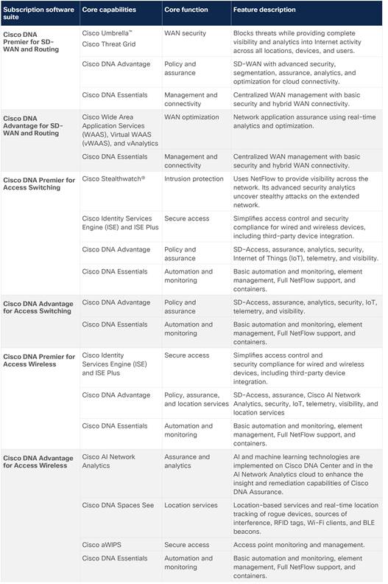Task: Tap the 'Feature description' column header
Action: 264,10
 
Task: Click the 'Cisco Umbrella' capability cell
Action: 107,34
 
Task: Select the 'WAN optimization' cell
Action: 191,117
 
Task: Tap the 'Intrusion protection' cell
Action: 194,178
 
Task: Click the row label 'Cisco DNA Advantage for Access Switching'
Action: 37,306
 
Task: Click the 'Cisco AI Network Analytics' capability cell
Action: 109,461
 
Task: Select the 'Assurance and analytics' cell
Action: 187,461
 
